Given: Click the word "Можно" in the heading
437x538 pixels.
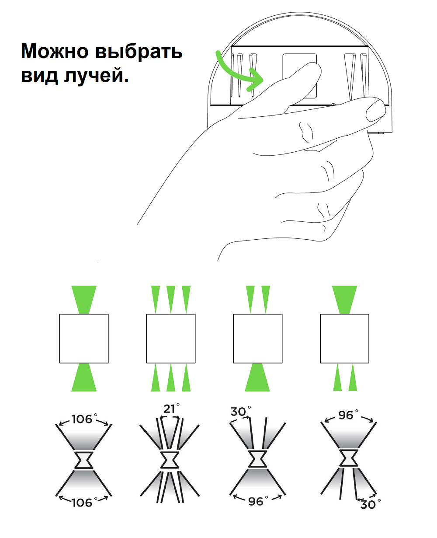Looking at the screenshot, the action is point(55,51).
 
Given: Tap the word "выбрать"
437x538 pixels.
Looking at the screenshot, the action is point(139,52).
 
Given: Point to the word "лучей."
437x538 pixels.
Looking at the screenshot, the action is point(96,75).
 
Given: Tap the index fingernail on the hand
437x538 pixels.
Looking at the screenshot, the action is point(375,110).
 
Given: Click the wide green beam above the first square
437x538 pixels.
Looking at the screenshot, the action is point(84,300).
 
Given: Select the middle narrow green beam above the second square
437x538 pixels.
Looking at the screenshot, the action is point(171,300).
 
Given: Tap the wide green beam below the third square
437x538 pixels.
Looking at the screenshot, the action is point(257,377).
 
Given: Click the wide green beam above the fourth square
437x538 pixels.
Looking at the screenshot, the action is point(344,300).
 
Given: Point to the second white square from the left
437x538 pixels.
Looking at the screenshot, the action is point(171,339).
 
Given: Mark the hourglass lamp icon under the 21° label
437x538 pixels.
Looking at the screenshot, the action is point(170,460).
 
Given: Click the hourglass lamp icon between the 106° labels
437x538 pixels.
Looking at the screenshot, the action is point(84,460).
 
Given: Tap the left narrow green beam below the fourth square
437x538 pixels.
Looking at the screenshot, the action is point(337,377).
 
